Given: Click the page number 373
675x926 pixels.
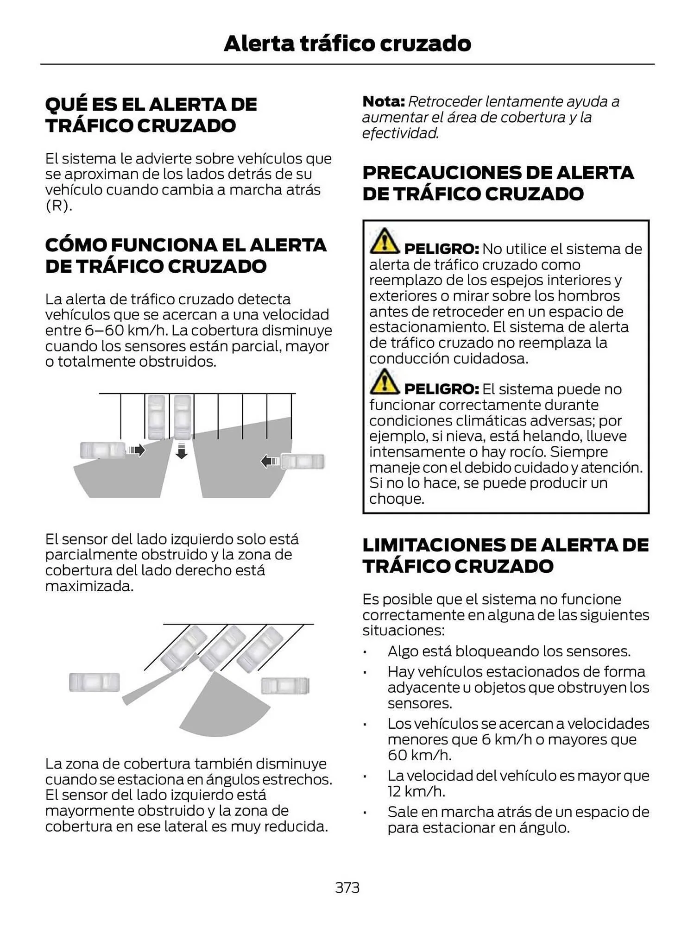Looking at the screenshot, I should (347, 888).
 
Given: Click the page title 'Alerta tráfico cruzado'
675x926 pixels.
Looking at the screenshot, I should (347, 44).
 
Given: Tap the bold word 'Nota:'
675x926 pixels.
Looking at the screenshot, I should (384, 101).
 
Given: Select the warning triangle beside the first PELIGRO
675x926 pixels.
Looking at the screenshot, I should (385, 241).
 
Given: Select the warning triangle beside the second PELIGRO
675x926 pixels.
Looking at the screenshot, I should (385, 382).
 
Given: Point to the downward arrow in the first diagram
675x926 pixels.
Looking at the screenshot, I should (182, 450).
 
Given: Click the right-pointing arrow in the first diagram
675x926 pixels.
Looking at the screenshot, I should (137, 450).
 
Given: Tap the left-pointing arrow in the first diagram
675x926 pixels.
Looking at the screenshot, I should (270, 461).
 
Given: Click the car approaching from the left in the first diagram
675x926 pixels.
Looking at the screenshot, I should (102, 450).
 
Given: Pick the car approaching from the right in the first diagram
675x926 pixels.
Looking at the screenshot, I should (303, 461).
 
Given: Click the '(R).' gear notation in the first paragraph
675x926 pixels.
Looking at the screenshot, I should (59, 206).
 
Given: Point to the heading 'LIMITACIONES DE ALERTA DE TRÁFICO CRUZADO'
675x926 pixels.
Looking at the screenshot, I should (505, 555).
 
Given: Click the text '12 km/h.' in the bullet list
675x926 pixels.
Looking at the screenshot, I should (416, 791).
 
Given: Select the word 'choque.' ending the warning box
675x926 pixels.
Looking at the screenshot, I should (397, 499).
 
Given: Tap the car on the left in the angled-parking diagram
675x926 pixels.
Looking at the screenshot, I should (95, 682).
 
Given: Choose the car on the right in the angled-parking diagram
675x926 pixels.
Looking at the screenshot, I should (285, 686).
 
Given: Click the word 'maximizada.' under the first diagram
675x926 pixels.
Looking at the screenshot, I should (89, 586).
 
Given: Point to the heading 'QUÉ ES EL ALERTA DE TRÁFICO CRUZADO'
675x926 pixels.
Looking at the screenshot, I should (151, 114).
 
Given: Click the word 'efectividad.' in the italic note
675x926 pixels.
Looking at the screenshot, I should (400, 133).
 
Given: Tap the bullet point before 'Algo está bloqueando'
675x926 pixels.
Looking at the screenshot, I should (365, 652).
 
